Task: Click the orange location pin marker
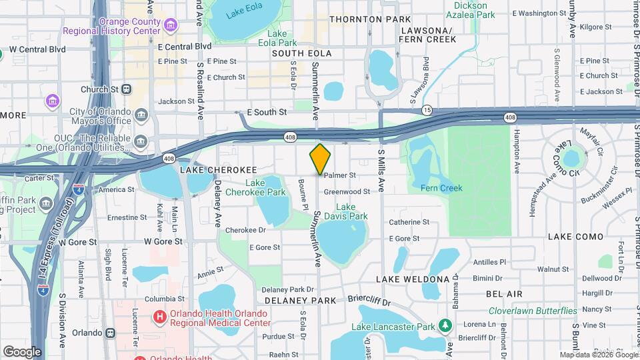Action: [321, 159]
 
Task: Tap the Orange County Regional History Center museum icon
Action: [171, 25]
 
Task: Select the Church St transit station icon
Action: [127, 89]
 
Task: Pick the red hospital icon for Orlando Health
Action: [160, 317]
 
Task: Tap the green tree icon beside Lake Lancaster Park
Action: [446, 326]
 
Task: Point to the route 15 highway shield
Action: [427, 109]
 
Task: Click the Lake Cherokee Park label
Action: [265, 188]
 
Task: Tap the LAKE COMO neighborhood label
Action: [575, 237]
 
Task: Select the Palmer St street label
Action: [340, 175]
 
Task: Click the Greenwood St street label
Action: [347, 191]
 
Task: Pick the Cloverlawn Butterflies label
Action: [533, 311]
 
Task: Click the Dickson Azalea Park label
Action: [471, 9]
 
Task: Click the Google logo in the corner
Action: [22, 351]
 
